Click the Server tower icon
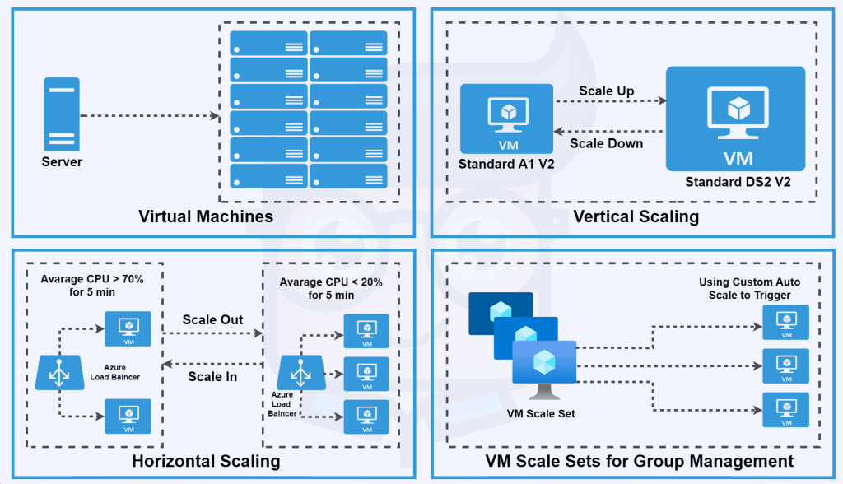coord(62,114)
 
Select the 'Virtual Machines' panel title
coord(206,217)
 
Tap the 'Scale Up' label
coord(607,91)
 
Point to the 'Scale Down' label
coord(607,143)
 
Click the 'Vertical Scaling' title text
coord(636,217)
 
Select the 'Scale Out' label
coord(212,319)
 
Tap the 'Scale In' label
coord(212,376)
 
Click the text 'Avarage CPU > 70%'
coord(92,280)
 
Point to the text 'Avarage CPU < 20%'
coord(330,282)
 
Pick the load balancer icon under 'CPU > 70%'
coord(58,371)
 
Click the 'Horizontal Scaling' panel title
coord(206,461)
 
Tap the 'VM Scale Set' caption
coord(541,413)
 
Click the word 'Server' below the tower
coord(62,162)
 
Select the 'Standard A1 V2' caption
coord(506,164)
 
